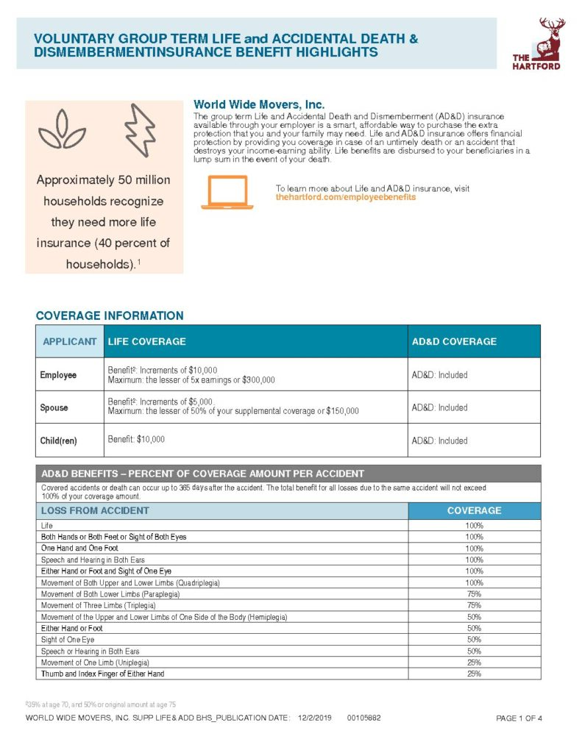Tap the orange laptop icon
point(227,193)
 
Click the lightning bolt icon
point(139,132)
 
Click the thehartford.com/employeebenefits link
point(346,197)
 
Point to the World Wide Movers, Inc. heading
point(258,105)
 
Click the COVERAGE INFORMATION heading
point(110,315)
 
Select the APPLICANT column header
point(70,341)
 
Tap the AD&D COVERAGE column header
point(454,341)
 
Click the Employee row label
point(58,375)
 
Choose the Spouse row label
point(54,407)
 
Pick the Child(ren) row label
point(58,440)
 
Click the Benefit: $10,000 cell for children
point(136,439)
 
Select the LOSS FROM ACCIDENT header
point(95,510)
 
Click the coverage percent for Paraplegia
point(474,594)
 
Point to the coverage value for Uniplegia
point(474,663)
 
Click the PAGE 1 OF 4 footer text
point(519,718)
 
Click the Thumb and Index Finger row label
point(102,674)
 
